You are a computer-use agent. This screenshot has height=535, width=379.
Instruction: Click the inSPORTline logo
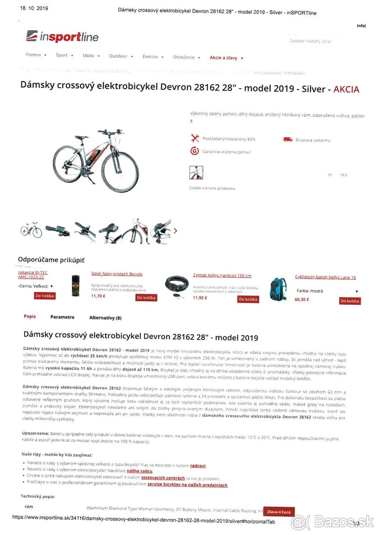[62, 37]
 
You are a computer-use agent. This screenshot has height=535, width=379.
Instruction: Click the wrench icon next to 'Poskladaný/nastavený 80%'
[194, 139]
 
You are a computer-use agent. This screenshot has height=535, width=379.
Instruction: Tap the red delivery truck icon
[287, 140]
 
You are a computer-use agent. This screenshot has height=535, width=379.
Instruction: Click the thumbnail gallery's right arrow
[175, 230]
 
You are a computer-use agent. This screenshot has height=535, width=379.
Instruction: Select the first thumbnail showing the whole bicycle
[31, 230]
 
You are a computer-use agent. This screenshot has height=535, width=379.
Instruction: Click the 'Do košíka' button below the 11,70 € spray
[146, 297]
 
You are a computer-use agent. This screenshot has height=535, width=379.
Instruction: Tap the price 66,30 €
[301, 300]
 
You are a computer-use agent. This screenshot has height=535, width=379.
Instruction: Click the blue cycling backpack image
[277, 288]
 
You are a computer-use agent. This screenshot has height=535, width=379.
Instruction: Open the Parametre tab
[62, 317]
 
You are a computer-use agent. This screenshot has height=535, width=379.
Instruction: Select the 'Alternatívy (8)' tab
[105, 318]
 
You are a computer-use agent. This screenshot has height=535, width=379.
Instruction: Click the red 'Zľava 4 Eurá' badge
[279, 511]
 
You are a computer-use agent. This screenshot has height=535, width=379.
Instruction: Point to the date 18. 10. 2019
[34, 8]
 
